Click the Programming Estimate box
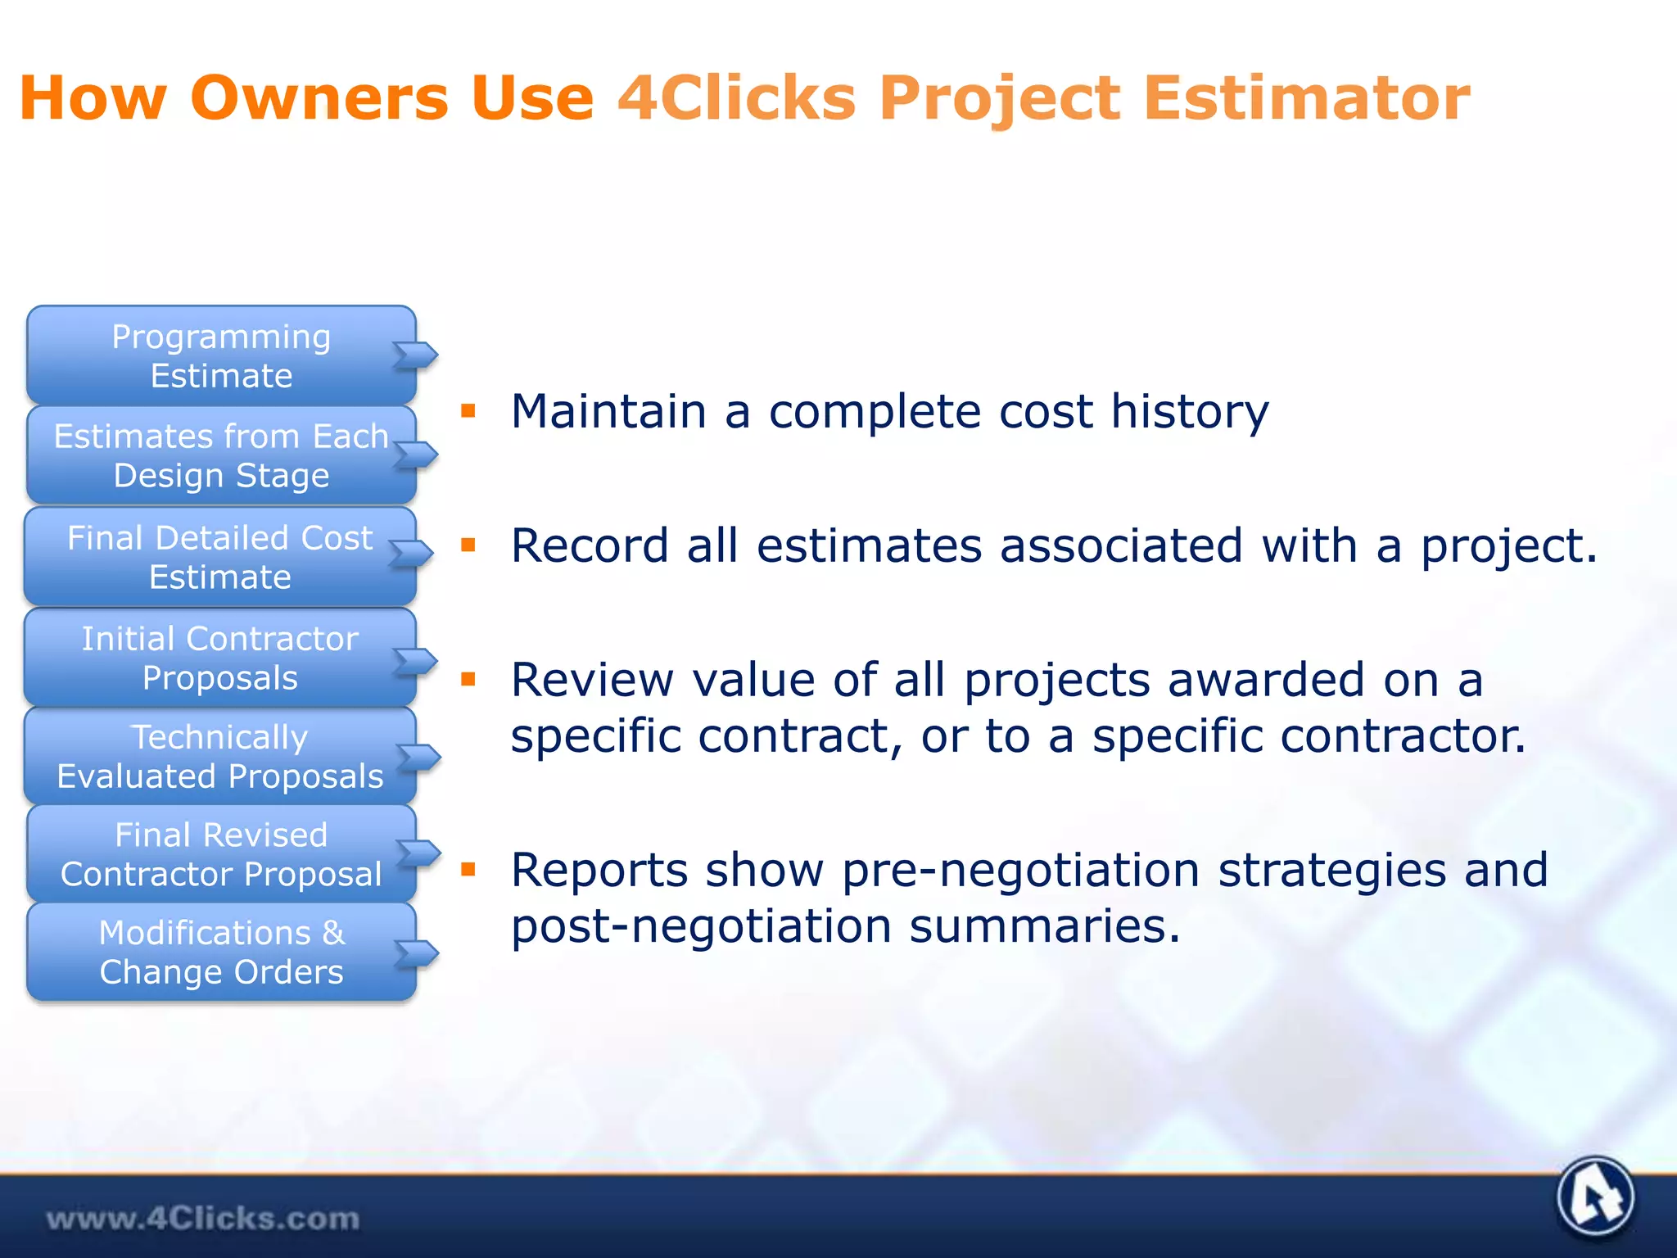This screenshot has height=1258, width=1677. (x=221, y=355)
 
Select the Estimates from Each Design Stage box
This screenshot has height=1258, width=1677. (x=221, y=455)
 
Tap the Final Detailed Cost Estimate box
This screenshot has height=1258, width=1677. (x=219, y=557)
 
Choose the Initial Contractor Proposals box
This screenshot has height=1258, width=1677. (x=219, y=658)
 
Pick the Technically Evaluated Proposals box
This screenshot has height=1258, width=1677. (x=219, y=756)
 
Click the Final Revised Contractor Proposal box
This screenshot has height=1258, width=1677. (x=221, y=854)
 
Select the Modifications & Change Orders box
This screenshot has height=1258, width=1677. (x=221, y=952)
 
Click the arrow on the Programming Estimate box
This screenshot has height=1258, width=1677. (x=417, y=355)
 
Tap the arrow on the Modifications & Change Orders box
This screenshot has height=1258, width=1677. (x=418, y=953)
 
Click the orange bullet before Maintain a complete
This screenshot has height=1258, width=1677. (x=468, y=411)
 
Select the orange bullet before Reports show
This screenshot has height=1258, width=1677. (x=468, y=870)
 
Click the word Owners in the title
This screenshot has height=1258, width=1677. (x=319, y=98)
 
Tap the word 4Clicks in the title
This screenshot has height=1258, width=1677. (x=737, y=98)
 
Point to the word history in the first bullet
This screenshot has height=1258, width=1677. (x=1189, y=412)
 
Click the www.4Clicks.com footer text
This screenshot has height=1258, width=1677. (x=203, y=1219)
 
